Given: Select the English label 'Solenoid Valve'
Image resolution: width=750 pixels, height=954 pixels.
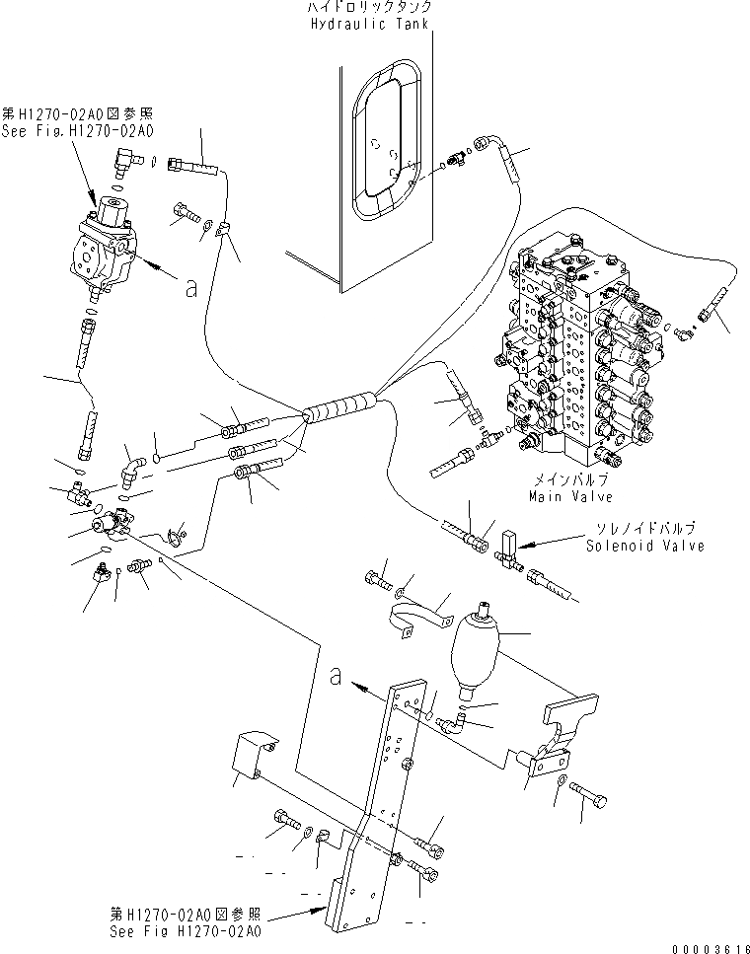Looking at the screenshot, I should point(644,546).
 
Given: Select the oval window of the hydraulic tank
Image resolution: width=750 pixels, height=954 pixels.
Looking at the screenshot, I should point(389,148).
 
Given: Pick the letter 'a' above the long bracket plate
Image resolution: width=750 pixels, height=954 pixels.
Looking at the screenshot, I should point(337,677).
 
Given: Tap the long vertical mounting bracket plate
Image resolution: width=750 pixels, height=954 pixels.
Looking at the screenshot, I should point(390,789).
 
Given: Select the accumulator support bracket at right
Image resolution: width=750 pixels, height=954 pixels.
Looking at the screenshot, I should point(562,735).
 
